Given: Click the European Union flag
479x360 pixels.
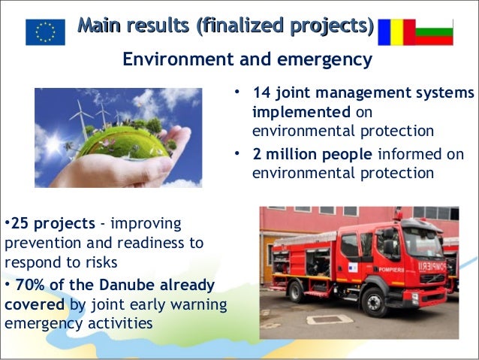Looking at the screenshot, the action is coord(45,32).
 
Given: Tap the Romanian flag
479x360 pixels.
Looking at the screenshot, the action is coord(396,32).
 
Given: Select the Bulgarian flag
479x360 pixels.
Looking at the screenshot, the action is coord(434,32).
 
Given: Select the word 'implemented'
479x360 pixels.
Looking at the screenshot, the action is coord(301,112).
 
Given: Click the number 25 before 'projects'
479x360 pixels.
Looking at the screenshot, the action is coord(20,223).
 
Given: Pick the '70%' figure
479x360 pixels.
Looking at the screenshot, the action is coord(30,285).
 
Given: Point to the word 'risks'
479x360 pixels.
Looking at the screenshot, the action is coord(101,263).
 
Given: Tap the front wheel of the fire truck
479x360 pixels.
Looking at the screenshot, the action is coord(374,302).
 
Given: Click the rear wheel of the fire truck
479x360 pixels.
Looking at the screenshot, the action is coord(296,292).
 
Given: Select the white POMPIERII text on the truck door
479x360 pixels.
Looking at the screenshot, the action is coord(391,270).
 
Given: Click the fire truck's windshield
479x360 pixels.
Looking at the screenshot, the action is coord(423,243).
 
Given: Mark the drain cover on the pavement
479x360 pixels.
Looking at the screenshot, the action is coord(330,319).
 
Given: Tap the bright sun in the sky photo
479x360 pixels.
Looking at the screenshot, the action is coord(54,143).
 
